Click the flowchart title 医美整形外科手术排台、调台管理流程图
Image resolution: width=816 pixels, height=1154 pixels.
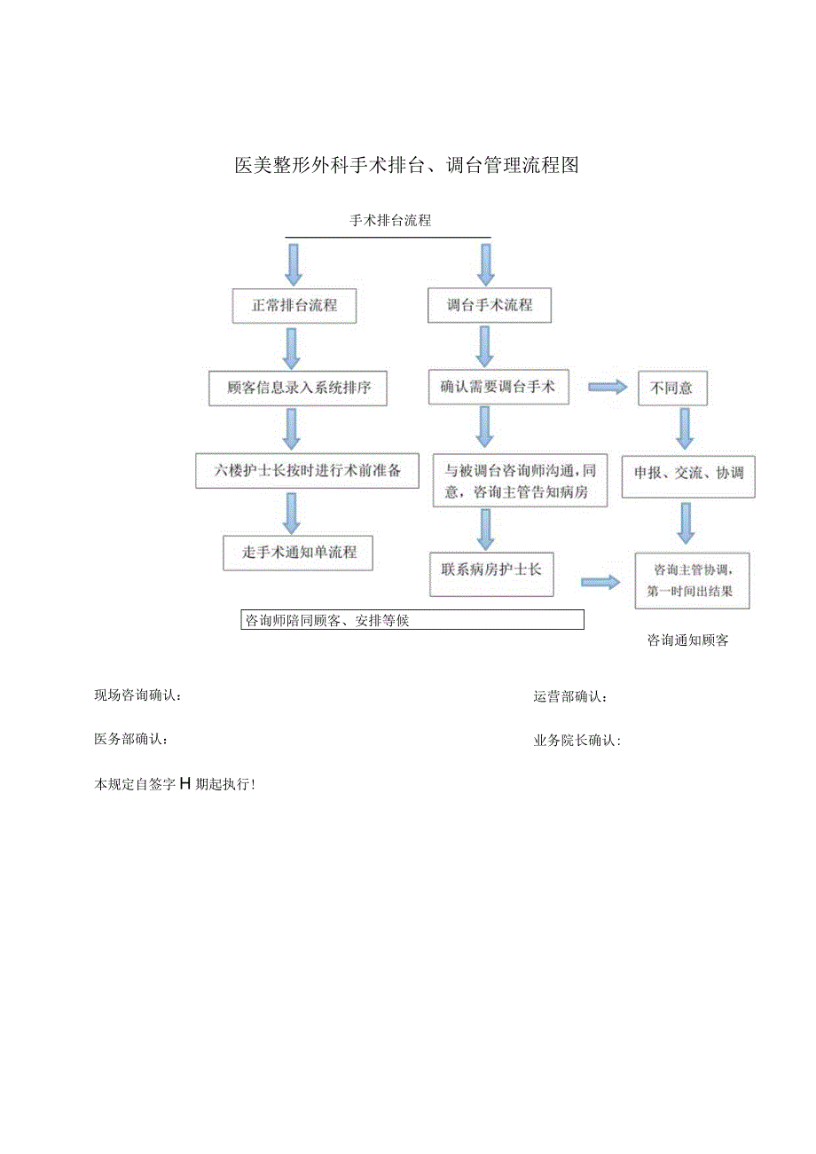pos(406,165)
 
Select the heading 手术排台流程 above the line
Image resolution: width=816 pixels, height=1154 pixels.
pos(390,221)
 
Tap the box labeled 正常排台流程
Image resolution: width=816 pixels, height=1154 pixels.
pos(294,305)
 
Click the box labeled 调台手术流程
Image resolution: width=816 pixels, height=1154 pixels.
pos(490,305)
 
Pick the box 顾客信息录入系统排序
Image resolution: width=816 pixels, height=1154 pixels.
pos(298,388)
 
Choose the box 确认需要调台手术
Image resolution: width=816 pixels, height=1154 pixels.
pos(498,387)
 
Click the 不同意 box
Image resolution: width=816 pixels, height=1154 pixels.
pos(672,388)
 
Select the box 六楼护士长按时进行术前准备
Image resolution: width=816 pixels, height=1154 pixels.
pos(307,471)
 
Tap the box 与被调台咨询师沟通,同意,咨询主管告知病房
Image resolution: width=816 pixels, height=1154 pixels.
pos(521,481)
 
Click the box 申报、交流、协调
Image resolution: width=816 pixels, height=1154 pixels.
pos(688,474)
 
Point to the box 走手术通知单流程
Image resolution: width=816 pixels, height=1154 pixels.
pos(299,552)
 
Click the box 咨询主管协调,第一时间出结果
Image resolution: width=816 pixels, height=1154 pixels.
pos(692,580)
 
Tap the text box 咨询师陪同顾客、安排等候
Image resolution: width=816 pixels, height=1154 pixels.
pos(412,621)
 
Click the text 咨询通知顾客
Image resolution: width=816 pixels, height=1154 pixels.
pos(687,640)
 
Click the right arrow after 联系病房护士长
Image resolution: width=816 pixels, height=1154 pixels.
pos(600,582)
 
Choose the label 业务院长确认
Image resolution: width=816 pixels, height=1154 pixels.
pos(577,741)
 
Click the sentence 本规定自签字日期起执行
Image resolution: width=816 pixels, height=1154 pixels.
pos(176,783)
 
